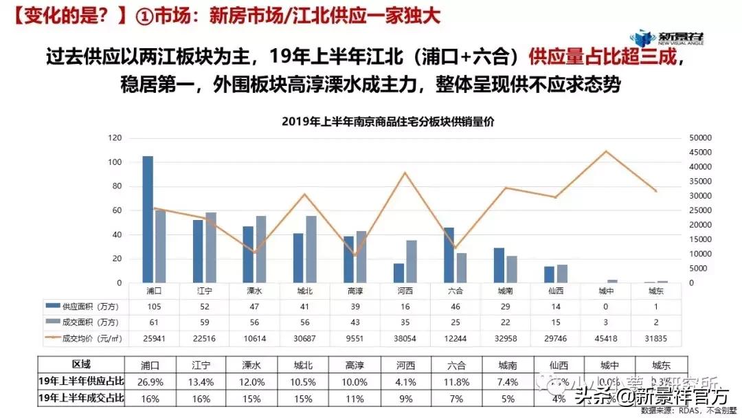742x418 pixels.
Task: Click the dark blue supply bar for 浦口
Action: click(x=148, y=219)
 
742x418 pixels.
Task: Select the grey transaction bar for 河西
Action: click(x=412, y=261)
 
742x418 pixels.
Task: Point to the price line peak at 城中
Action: click(x=605, y=151)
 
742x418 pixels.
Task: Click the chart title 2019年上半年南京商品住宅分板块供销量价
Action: click(x=388, y=121)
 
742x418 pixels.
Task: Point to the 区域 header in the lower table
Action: click(x=81, y=364)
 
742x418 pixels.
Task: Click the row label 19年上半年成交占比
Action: click(x=81, y=397)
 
